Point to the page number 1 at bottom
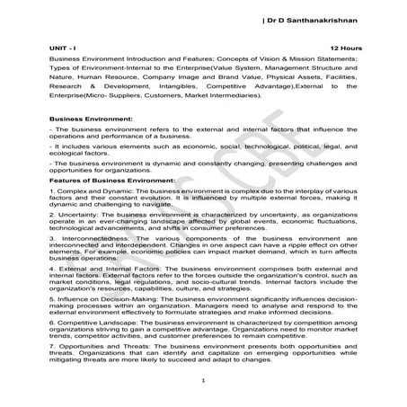point(204,383)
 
